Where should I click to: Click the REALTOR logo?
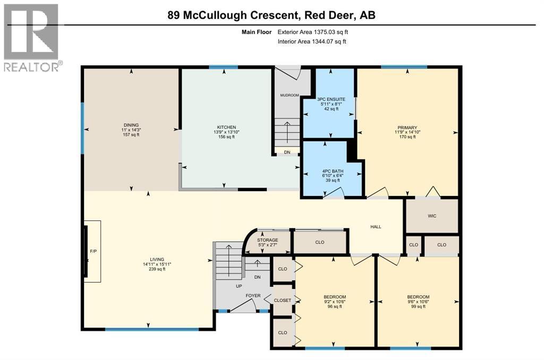click(31, 38)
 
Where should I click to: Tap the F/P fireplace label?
click(93, 251)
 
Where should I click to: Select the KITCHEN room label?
click(226, 127)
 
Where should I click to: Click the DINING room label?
click(131, 125)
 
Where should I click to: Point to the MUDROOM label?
click(290, 96)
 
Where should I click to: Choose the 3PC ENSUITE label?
click(331, 99)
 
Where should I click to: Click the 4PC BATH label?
click(333, 171)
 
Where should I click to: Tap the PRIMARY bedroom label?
click(407, 127)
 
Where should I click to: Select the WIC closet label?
click(432, 216)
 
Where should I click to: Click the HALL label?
click(376, 227)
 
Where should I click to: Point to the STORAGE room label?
click(268, 240)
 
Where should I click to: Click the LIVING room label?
click(157, 260)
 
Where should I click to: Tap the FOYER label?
click(253, 296)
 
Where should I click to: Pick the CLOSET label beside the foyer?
click(283, 301)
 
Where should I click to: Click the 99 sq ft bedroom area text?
click(418, 306)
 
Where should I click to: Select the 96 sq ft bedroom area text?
click(335, 306)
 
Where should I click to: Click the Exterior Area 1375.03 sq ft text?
click(312, 32)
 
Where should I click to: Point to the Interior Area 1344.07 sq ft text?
click(312, 41)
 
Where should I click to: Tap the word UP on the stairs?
click(239, 287)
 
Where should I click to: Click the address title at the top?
click(271, 15)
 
